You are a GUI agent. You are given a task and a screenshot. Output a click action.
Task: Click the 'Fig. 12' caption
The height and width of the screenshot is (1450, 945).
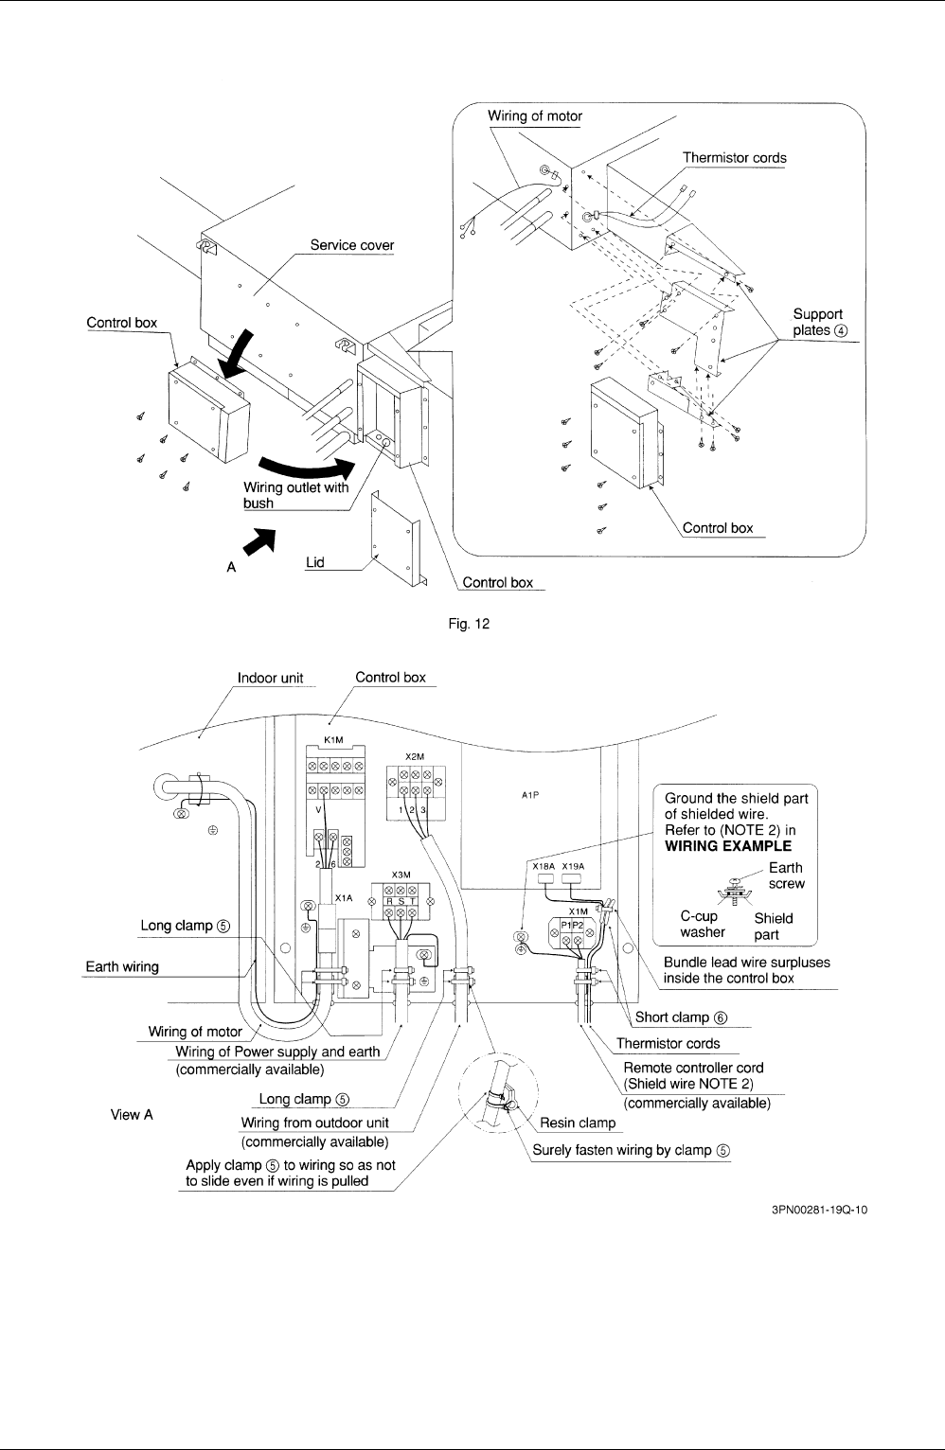(469, 624)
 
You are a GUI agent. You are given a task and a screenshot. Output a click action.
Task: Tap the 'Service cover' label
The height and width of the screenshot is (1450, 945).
(351, 245)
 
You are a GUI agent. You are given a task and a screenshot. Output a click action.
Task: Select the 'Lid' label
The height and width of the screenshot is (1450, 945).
(314, 562)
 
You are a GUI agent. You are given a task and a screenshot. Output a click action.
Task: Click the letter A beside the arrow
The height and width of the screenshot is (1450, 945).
(231, 567)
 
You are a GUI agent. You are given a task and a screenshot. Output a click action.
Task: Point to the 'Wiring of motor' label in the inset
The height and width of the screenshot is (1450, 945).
(535, 115)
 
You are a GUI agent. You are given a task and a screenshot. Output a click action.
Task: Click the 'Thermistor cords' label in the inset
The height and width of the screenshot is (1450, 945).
(735, 158)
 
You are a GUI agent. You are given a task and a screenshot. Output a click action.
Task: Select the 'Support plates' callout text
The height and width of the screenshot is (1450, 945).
(820, 323)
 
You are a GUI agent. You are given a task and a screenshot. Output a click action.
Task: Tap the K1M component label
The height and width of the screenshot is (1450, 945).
(333, 740)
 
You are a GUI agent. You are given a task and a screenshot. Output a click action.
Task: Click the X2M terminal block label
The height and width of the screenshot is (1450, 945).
(415, 757)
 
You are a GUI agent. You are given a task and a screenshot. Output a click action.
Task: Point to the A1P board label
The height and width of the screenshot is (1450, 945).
(530, 795)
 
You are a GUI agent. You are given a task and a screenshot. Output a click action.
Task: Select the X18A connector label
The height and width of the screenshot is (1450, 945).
(544, 866)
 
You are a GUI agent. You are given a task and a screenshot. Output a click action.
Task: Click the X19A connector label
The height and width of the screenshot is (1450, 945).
(573, 866)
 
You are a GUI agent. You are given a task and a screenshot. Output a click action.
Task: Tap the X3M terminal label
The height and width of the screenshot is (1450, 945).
(401, 875)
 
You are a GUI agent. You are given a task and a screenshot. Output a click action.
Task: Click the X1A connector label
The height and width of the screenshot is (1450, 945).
(344, 898)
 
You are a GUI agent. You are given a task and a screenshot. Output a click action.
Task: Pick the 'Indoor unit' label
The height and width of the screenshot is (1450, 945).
(270, 678)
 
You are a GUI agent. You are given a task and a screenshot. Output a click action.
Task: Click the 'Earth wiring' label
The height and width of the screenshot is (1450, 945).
(122, 966)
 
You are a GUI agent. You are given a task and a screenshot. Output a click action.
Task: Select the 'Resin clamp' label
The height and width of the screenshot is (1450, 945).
(578, 1123)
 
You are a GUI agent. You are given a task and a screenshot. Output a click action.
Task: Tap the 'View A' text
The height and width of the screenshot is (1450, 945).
(132, 1115)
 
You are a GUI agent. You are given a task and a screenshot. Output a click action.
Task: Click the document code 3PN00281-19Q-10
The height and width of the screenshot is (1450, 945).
(819, 1210)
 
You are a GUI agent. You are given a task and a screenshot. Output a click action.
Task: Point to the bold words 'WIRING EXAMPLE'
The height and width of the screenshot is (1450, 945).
(728, 846)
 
